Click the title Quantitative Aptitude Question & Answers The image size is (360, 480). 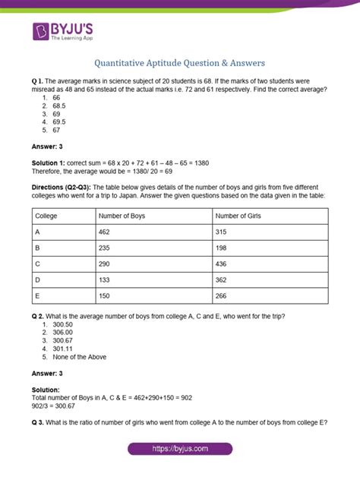tap(180, 63)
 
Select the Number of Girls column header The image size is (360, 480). tap(239, 216)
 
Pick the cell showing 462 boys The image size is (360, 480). tap(106, 232)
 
